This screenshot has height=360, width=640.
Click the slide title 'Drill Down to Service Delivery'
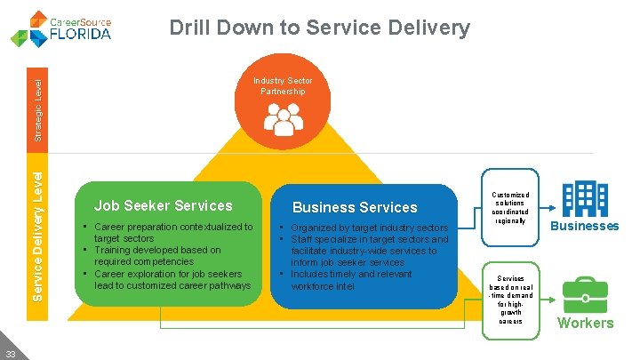coord(319,28)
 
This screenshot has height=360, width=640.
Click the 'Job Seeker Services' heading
coord(164,205)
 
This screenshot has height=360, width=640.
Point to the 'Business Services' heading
coord(355,207)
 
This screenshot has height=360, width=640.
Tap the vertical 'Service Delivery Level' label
coord(38,229)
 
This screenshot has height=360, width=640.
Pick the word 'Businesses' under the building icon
coord(585,226)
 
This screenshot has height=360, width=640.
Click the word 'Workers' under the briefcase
coord(585,323)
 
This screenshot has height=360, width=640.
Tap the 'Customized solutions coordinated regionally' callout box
coord(510,208)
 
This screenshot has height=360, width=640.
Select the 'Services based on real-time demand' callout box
coord(510,299)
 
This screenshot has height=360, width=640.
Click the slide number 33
coord(9,352)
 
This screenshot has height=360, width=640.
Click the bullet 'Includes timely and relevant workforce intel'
coord(352,280)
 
